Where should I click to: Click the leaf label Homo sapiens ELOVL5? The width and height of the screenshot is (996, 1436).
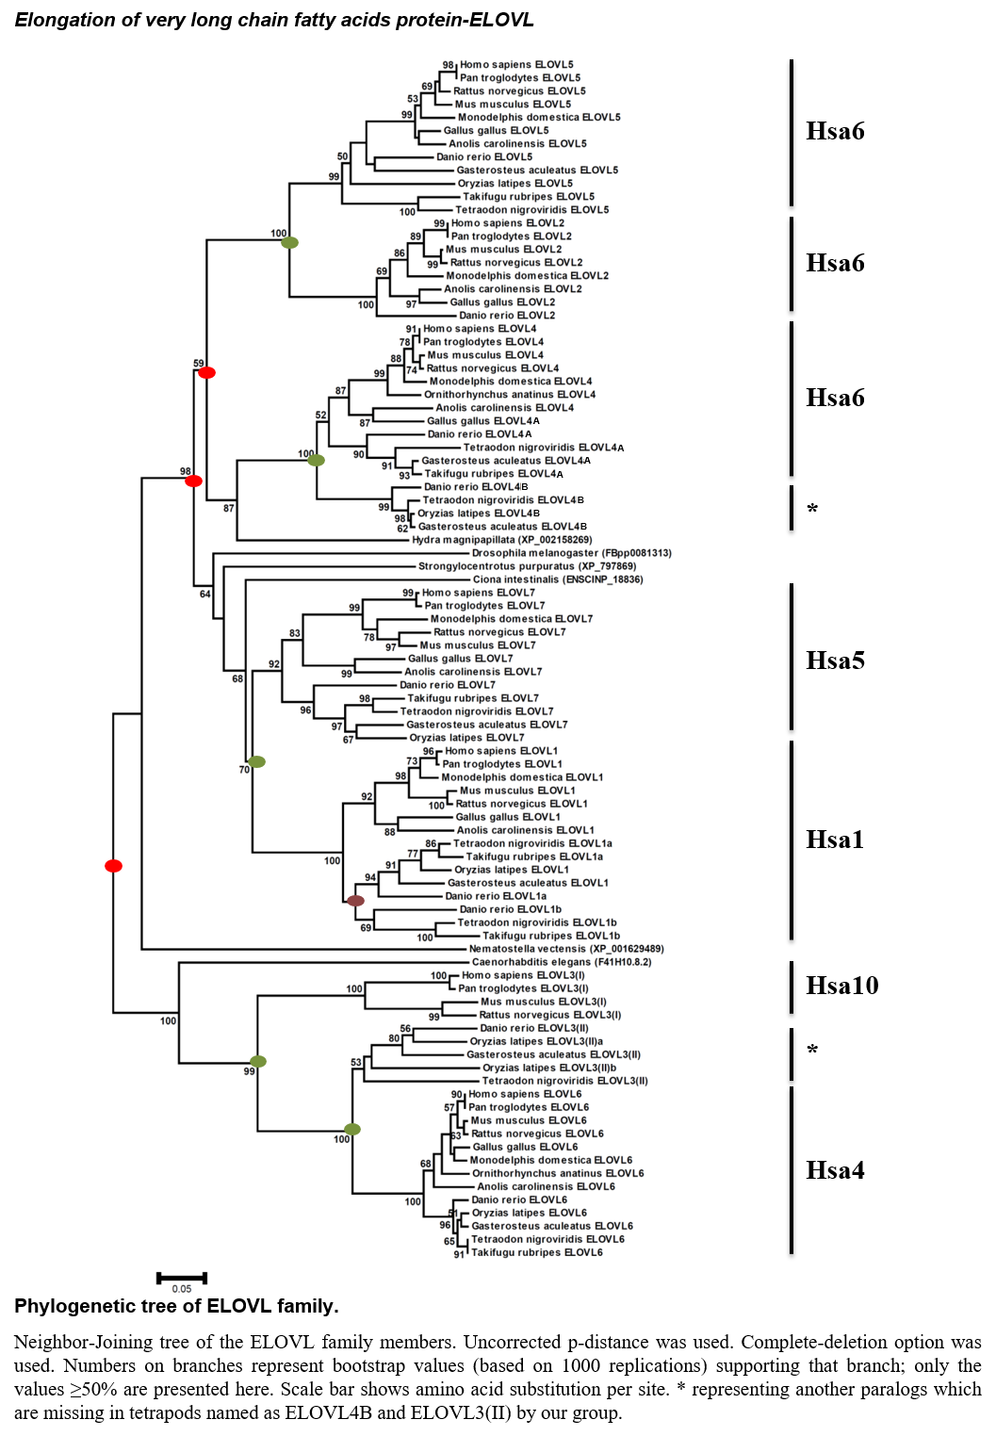pyautogui.click(x=516, y=65)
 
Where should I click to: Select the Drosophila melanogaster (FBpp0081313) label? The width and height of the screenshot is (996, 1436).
pyautogui.click(x=572, y=552)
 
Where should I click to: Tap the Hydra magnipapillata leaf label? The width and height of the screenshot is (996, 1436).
pyautogui.click(x=502, y=540)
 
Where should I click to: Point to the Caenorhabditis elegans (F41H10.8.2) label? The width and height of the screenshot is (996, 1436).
pyautogui.click(x=562, y=962)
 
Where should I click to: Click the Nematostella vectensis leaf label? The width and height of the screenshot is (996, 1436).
pyautogui.click(x=566, y=949)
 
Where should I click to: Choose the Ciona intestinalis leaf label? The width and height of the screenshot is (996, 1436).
pyautogui.click(x=558, y=579)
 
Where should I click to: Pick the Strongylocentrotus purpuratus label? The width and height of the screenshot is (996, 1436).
pyautogui.click(x=528, y=566)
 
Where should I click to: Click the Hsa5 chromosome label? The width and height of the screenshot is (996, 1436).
pyautogui.click(x=835, y=661)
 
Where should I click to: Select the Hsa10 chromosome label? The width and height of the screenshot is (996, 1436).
pyautogui.click(x=842, y=986)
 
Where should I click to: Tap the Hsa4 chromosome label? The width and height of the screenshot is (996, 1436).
pyautogui.click(x=835, y=1170)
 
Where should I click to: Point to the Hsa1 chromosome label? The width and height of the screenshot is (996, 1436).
pyautogui.click(x=835, y=840)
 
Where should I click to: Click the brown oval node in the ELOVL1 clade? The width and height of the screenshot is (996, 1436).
pyautogui.click(x=356, y=901)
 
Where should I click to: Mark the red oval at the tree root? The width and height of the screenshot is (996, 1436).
pyautogui.click(x=113, y=866)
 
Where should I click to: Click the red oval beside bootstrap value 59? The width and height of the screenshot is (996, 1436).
pyautogui.click(x=206, y=372)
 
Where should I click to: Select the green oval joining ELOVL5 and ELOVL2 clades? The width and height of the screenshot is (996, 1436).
pyautogui.click(x=289, y=242)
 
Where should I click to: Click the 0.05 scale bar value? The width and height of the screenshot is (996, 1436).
pyautogui.click(x=181, y=1289)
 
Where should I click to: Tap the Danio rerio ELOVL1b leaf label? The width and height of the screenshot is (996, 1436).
pyautogui.click(x=510, y=909)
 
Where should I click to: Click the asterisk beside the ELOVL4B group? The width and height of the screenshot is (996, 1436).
pyautogui.click(x=812, y=509)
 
